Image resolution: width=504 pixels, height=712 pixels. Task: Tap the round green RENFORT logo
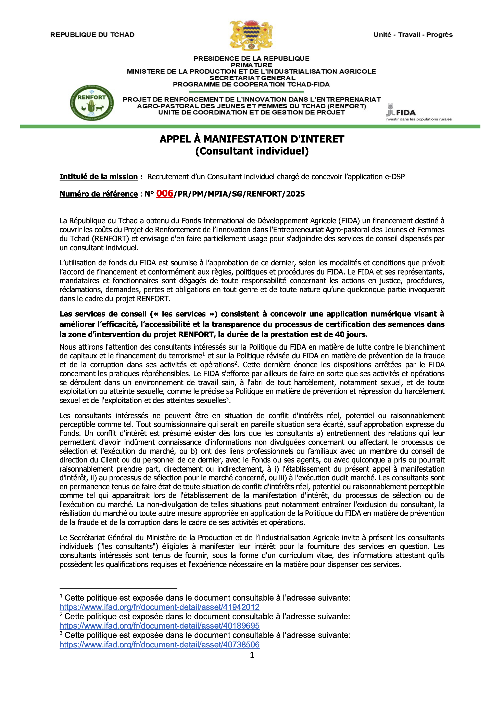pyautogui.click(x=92, y=103)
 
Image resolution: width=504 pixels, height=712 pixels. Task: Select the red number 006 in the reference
pyautogui.click(x=164, y=193)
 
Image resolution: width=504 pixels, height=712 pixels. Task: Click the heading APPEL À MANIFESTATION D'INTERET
pyautogui.click(x=252, y=139)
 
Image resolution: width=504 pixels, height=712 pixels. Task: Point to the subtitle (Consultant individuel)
pyautogui.click(x=252, y=151)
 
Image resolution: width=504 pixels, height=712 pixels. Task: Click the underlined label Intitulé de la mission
pyautogui.click(x=98, y=177)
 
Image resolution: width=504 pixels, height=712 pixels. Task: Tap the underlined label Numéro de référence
pyautogui.click(x=98, y=194)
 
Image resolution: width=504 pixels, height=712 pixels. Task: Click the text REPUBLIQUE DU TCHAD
pyautogui.click(x=92, y=35)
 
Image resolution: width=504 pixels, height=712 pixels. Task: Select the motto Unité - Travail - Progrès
pyautogui.click(x=413, y=35)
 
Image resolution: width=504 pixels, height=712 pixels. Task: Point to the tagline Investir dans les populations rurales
pyautogui.click(x=418, y=119)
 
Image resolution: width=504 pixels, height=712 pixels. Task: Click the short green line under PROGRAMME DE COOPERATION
pyautogui.click(x=246, y=92)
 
